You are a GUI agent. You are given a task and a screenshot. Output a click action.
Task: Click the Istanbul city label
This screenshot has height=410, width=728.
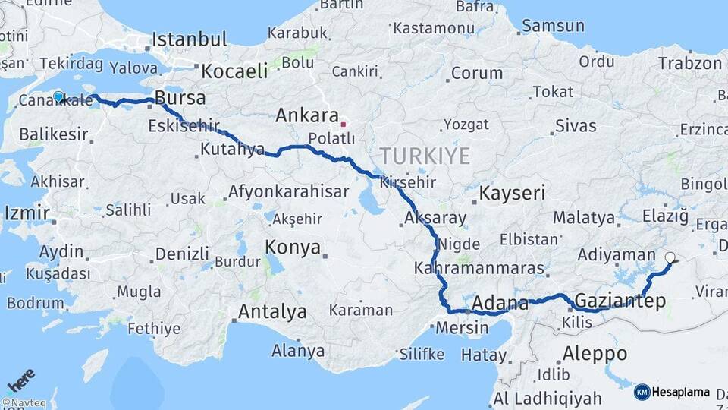(189, 39)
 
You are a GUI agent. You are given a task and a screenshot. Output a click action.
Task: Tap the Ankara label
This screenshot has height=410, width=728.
(306, 115)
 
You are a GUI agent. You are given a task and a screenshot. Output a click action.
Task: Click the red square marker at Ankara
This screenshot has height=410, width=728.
(344, 123)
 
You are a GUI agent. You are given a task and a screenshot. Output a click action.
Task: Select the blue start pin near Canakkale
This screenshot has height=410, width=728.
(58, 96)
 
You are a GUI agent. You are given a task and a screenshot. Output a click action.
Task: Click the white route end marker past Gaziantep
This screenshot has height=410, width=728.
(670, 257)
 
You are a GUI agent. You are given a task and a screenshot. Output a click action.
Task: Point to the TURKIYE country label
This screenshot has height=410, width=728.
(425, 156)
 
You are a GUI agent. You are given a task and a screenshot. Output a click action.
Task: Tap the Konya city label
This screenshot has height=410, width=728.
(293, 247)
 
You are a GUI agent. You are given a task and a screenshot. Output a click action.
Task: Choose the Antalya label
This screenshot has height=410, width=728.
(272, 311)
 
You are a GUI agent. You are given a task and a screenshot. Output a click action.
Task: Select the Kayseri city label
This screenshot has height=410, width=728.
(512, 193)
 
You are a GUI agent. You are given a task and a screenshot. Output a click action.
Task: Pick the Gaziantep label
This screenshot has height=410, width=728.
(620, 301)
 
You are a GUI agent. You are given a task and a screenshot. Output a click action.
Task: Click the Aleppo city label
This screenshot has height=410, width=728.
(595, 353)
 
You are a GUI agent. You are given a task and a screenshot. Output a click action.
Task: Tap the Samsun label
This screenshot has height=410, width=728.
(554, 26)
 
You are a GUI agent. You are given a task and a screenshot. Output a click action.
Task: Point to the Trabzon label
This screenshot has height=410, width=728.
(690, 63)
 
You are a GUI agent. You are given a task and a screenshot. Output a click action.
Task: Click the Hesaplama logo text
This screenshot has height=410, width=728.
(680, 393)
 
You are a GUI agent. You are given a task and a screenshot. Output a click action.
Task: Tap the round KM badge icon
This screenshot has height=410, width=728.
(642, 393)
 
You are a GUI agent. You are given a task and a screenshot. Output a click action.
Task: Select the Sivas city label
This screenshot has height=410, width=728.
(576, 125)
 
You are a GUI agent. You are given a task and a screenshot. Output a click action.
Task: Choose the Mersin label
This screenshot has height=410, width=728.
(463, 328)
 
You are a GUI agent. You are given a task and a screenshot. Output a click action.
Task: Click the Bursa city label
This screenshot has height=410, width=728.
(180, 97)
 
